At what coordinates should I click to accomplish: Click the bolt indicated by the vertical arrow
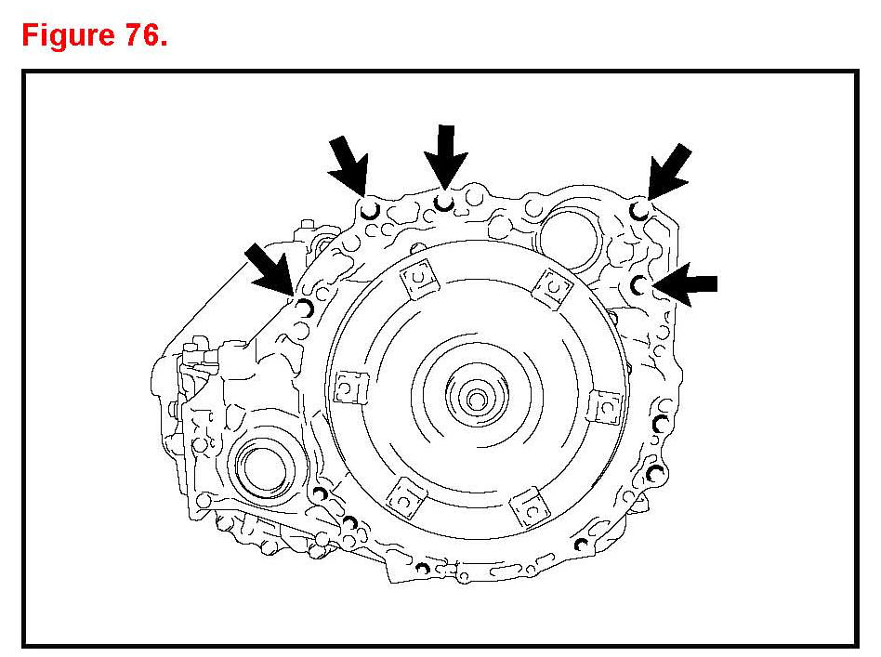coord(446,202)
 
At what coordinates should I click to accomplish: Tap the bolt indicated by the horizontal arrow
coord(638,283)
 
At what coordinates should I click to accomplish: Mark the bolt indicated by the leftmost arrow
coord(304,306)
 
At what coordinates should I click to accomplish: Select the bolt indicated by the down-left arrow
coord(639,208)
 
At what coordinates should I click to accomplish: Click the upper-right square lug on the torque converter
coord(552,287)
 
